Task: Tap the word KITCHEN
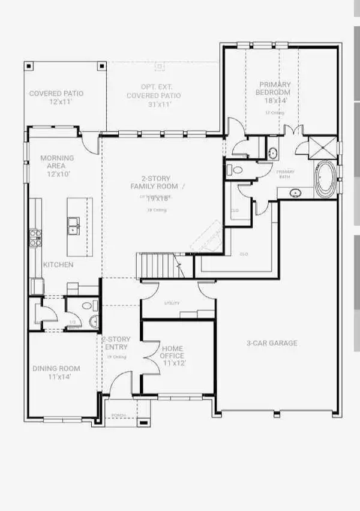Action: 58,264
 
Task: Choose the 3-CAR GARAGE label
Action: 272,343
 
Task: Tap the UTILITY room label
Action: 172,303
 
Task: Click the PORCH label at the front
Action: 118,415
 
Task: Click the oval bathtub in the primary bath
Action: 327,179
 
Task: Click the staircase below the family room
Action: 155,266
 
